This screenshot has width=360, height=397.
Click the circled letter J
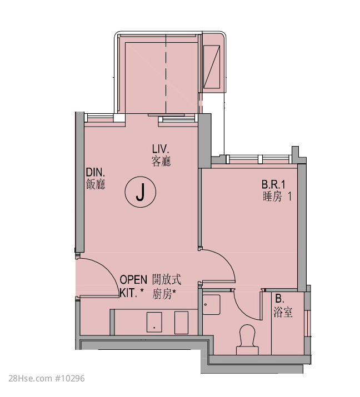(140, 192)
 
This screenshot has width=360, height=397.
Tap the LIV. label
(161, 149)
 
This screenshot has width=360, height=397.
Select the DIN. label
(95, 173)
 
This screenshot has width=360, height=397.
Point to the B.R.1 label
(273, 184)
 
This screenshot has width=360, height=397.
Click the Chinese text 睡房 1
(277, 197)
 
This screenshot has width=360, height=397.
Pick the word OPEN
(133, 280)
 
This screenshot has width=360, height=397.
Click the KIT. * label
(132, 293)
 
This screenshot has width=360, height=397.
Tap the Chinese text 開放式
(167, 279)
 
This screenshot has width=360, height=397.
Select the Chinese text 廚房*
(164, 294)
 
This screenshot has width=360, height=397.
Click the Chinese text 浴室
(283, 313)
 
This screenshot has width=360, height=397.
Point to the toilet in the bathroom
(247, 340)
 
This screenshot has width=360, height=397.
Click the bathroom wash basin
(211, 304)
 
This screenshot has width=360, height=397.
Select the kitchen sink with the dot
(154, 322)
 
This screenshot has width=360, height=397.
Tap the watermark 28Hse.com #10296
(47, 378)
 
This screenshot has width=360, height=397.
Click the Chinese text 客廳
(161, 161)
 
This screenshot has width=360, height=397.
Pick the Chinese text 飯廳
(96, 184)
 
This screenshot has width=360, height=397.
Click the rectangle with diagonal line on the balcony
(212, 67)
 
